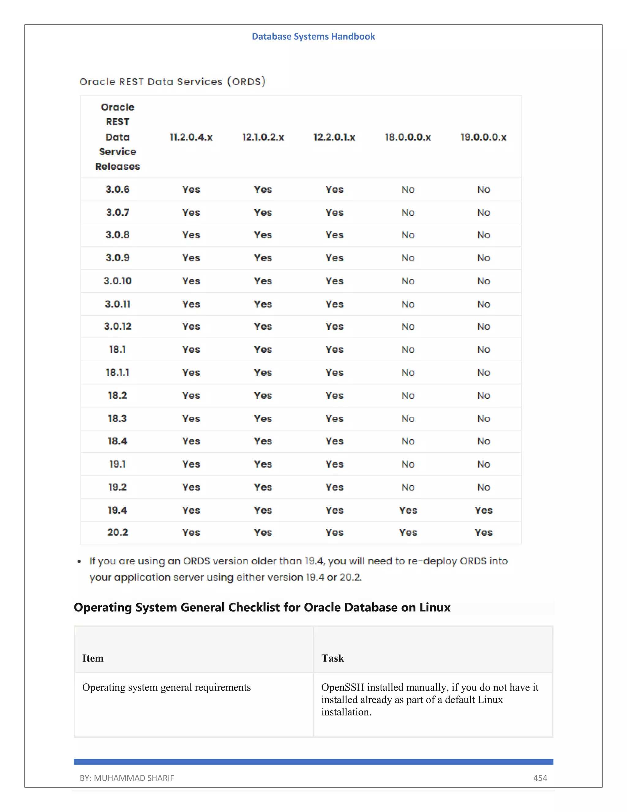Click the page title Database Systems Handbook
313,36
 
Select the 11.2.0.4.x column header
191,137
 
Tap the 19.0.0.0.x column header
483,137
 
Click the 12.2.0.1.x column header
334,137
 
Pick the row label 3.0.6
117,189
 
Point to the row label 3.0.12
117,326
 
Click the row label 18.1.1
117,372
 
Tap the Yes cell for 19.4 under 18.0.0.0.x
408,510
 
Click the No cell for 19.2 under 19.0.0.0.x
483,487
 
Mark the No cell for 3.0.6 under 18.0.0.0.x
408,189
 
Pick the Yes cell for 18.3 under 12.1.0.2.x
263,418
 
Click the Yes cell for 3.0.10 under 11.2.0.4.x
191,281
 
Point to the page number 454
540,778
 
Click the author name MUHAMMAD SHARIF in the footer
134,778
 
